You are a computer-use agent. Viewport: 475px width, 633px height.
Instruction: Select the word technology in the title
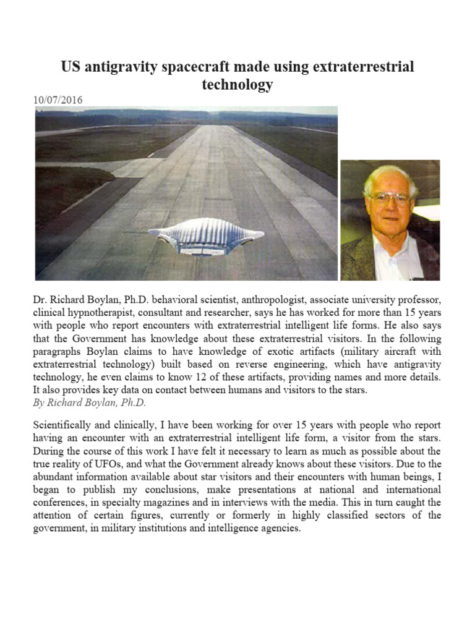tap(237, 85)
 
